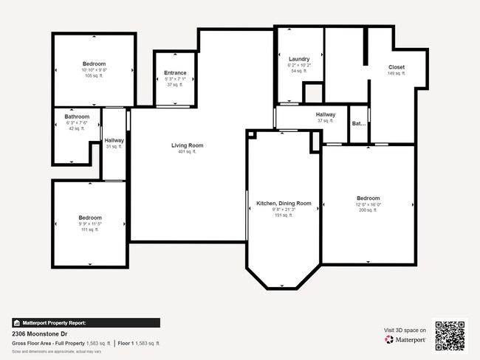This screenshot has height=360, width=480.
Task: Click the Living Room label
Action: tap(187, 145)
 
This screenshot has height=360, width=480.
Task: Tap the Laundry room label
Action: tap(299, 59)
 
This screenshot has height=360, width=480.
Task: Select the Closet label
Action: tap(397, 67)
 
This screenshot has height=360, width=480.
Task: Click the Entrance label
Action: tap(175, 73)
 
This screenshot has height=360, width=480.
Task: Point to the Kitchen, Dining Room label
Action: tap(284, 203)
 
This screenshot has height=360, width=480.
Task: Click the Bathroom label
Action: tap(77, 117)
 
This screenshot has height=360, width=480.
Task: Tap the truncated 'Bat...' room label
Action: tap(359, 124)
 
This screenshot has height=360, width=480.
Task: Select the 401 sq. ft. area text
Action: tap(187, 153)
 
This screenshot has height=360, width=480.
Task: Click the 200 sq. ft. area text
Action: tap(368, 210)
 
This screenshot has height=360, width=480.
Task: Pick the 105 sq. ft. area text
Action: tap(94, 76)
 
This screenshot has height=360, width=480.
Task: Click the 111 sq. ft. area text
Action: tap(90, 229)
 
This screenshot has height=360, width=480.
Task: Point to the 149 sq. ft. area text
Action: tap(397, 74)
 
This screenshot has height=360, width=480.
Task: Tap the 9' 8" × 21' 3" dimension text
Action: tap(284, 210)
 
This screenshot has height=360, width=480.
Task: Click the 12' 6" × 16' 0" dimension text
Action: tap(368, 204)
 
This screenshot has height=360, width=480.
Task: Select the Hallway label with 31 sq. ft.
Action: tap(114, 140)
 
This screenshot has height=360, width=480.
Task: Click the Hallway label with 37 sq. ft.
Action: tap(326, 114)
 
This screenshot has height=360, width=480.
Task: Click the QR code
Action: tap(450, 335)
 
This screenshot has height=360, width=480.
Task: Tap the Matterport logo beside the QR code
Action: tap(405, 340)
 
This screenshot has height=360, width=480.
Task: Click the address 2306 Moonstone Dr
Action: tap(38, 333)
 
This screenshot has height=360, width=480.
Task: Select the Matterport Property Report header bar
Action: tap(86, 322)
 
